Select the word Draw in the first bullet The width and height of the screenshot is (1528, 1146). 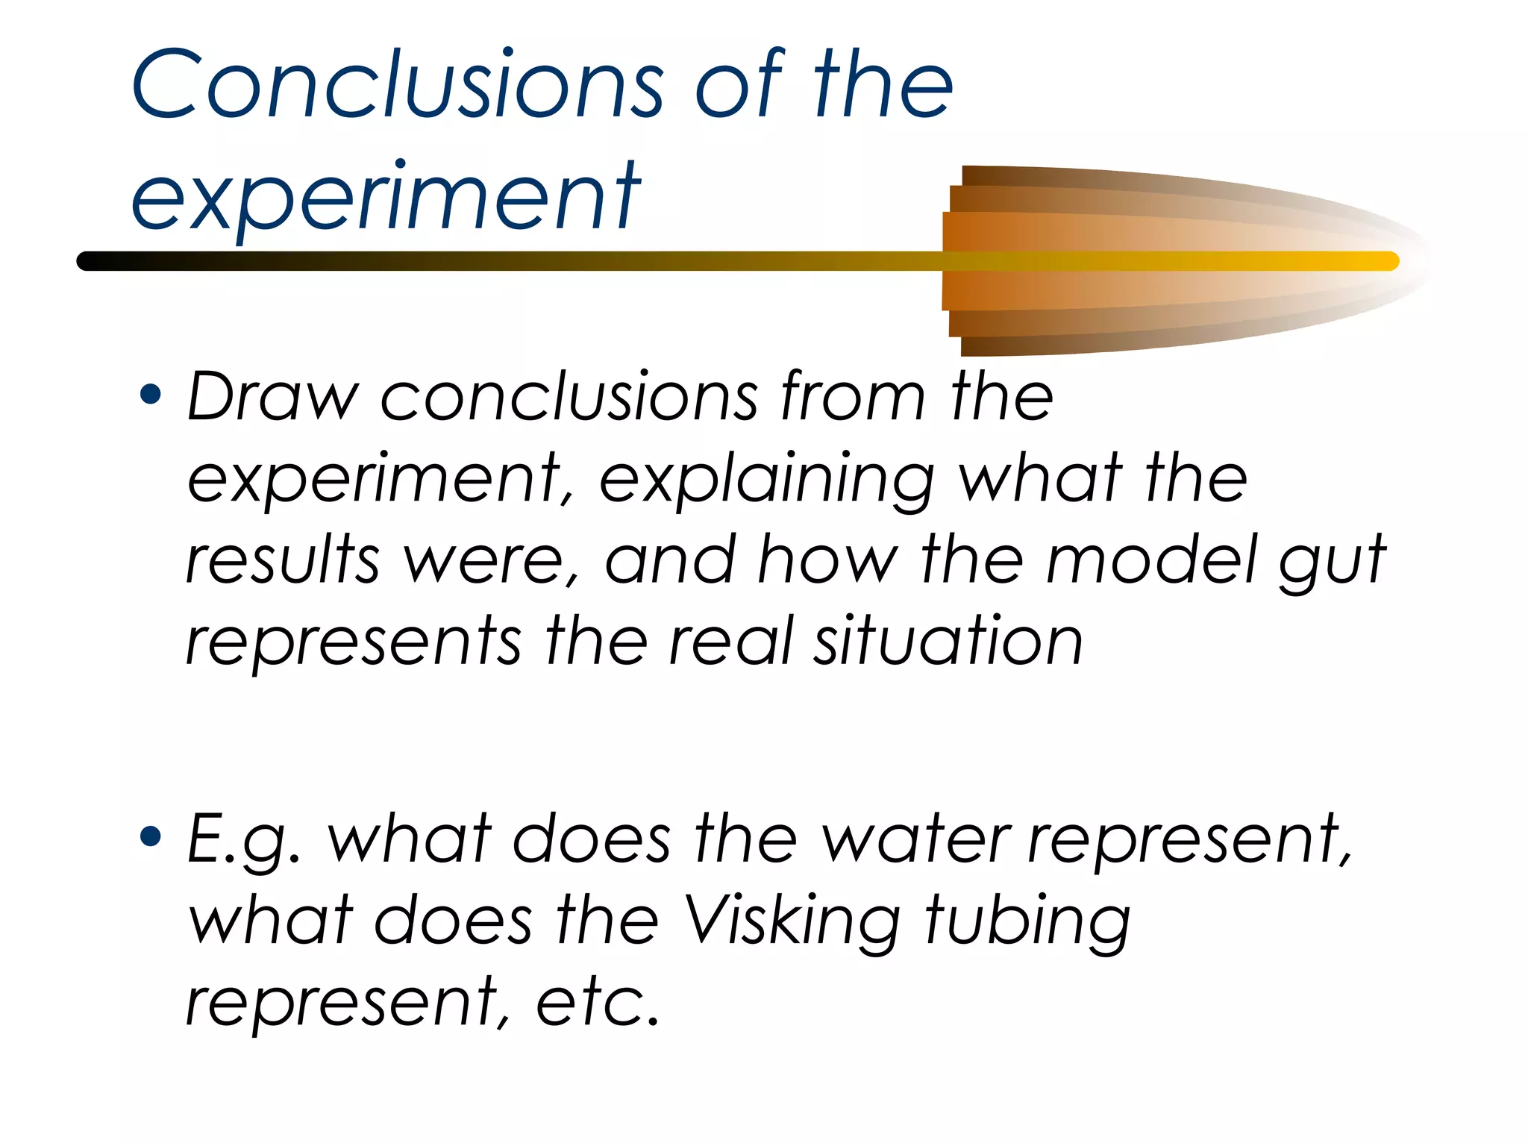[x=272, y=397]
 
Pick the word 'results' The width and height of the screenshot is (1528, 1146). [x=282, y=561]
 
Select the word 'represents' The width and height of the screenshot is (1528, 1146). [x=353, y=642]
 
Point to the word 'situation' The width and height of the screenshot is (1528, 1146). [x=947, y=642]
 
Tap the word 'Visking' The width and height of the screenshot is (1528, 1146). [x=792, y=922]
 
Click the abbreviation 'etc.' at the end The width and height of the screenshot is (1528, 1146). [x=598, y=1003]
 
